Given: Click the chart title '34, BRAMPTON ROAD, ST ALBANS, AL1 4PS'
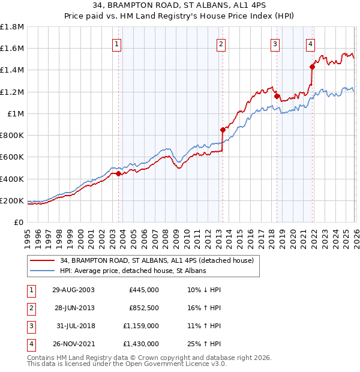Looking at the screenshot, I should [x=180, y=6].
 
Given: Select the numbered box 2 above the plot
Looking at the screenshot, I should [x=221, y=43].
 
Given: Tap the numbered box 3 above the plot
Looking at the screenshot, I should [x=275, y=43].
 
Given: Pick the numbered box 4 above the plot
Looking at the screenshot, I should [x=310, y=43].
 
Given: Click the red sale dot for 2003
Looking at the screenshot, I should [x=119, y=174].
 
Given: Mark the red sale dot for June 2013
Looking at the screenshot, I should [x=223, y=130].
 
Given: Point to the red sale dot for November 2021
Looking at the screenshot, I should [x=312, y=67].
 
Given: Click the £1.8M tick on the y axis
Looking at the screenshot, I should [x=12, y=27].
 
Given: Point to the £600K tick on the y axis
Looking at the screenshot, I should [x=12, y=157].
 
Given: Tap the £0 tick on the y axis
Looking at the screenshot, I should [x=19, y=222].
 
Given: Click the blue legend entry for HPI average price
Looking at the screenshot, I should [x=133, y=271].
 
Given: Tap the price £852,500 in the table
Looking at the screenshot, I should [x=144, y=307].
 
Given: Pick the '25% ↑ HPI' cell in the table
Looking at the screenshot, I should [x=204, y=344].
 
